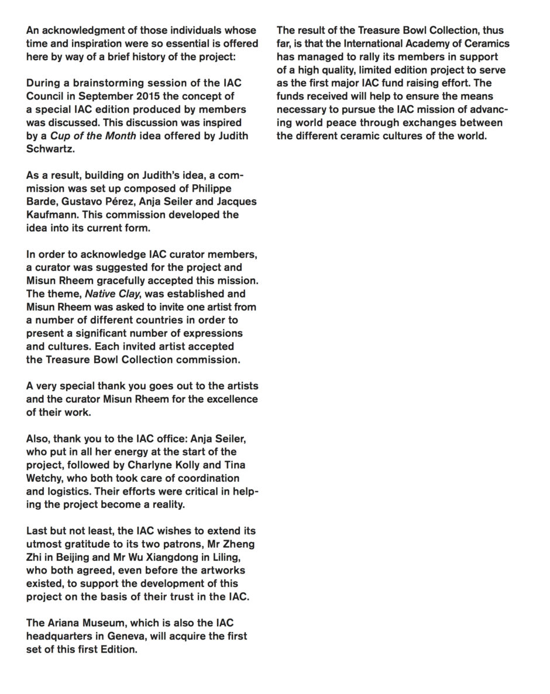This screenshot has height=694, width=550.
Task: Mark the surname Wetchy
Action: tap(46, 478)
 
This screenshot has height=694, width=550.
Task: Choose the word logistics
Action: tap(71, 491)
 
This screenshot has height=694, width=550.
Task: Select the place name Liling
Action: tap(240, 557)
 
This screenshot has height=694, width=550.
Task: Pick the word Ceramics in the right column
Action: tap(487, 44)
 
